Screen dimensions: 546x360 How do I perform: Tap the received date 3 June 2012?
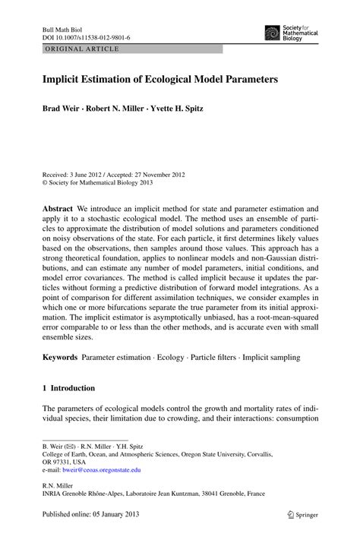[93, 174]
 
